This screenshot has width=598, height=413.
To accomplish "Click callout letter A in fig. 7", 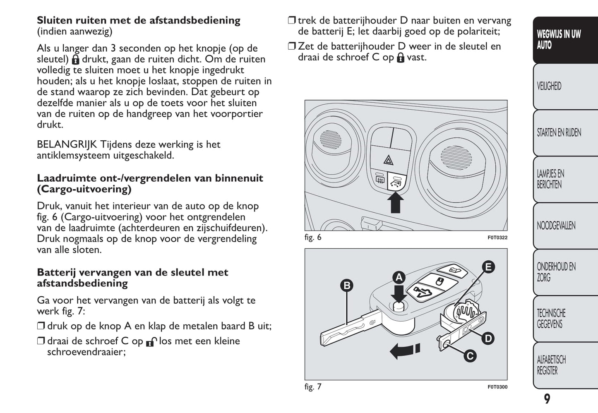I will coord(399,277).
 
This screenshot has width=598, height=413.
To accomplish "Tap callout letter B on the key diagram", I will coord(347,285).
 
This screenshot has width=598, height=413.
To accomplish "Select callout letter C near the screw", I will coord(470,356).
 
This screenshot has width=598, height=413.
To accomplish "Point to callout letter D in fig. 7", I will coord(488,339).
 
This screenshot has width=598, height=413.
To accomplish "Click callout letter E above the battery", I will coord(488,267).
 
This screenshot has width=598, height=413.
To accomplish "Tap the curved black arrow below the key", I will coord(405,351).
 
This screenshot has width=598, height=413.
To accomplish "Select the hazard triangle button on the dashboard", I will coord(388,159).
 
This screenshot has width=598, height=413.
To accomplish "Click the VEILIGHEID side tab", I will coord(565,86).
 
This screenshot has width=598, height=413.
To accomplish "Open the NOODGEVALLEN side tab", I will coord(565,226).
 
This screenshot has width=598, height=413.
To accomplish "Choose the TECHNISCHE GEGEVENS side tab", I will coord(565,319).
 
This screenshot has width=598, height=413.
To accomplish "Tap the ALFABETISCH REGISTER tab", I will coord(565,365).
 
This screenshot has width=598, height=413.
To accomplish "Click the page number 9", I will coord(547,399).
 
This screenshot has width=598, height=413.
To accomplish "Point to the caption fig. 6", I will coord(313,237).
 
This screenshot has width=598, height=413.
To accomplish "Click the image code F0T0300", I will coord(497,387).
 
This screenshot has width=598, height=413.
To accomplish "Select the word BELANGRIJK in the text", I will coord(67,144).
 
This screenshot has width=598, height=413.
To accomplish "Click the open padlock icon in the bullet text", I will coord(151,342).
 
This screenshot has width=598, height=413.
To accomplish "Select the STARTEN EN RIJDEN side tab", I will coord(565,133).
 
